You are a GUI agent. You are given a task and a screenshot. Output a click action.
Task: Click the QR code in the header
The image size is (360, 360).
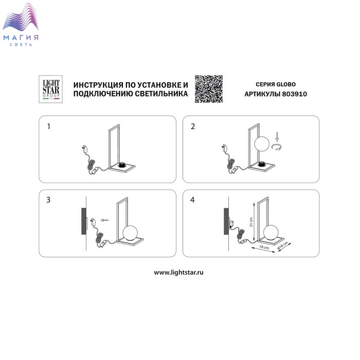209,89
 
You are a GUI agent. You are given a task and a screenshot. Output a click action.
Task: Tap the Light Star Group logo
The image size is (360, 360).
51,89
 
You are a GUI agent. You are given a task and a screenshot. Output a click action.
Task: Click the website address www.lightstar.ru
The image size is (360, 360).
178,273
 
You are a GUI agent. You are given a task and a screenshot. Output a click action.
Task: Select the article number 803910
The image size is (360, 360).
294,94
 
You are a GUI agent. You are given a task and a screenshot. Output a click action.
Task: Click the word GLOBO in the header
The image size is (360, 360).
285,84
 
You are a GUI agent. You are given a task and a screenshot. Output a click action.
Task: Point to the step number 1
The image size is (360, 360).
48,127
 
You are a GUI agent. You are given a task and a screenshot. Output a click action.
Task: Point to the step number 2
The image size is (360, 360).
193,127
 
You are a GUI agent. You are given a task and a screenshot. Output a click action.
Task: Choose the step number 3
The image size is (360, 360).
48,200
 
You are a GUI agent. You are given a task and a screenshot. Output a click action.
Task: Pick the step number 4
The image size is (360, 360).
192,200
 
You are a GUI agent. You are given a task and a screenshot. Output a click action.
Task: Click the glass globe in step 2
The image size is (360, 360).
262,143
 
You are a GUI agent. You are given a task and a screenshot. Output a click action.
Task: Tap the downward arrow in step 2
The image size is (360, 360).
277,137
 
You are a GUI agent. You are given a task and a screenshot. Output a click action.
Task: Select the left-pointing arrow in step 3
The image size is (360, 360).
104,221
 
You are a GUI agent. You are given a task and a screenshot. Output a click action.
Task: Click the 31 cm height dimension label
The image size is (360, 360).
251,222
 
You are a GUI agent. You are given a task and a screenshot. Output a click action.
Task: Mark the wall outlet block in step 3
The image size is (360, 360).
84,221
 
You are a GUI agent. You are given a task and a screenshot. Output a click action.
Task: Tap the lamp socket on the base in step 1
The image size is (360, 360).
122,165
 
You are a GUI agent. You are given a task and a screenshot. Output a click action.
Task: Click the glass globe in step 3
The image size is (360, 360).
130,233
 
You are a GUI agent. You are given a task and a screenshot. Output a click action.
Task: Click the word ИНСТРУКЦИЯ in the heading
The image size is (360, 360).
99,85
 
